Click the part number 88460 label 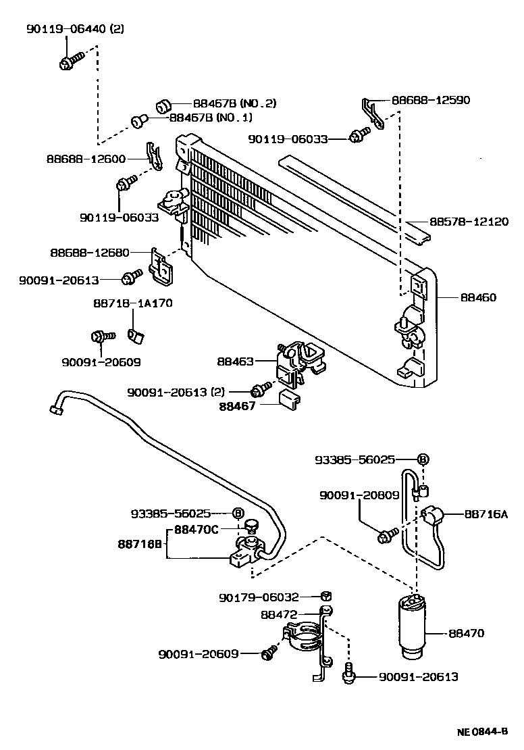tap(478, 297)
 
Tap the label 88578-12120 tap(469, 222)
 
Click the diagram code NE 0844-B tap(482, 731)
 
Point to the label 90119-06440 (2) tap(75, 28)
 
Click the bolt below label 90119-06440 tap(71, 61)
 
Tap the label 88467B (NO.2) tap(234, 103)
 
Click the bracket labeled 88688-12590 tap(373, 113)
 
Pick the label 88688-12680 tap(90, 252)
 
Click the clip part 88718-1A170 tap(135, 335)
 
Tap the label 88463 tap(235, 361)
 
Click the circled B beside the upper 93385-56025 tap(423, 459)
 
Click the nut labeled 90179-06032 tap(327, 596)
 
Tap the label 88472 tap(279, 614)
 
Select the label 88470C tap(196, 530)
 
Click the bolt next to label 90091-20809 tap(388, 535)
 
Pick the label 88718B tap(140, 544)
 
